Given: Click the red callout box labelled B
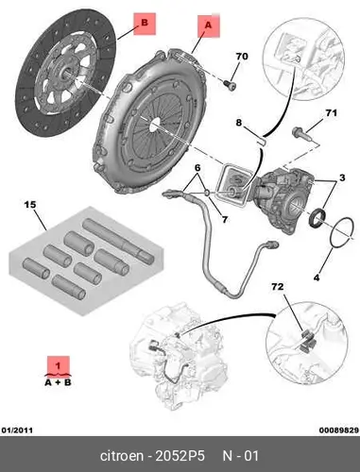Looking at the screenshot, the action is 145,24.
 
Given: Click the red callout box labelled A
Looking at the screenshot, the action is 209,26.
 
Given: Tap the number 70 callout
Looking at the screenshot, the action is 242,57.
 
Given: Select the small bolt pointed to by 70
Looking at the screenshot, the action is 230,85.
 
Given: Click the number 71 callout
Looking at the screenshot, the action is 331,112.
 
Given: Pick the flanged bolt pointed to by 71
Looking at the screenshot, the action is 301,134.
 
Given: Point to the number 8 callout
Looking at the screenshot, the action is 239,122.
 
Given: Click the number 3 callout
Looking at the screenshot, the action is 342,177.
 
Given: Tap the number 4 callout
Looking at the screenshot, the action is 317,278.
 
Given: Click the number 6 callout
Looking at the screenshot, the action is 197,168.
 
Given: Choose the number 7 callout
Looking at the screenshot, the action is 225,219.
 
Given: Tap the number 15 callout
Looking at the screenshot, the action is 30,205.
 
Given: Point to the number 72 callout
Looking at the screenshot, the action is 278,287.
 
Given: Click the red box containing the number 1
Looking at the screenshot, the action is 59,366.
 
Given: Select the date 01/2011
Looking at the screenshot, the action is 17,430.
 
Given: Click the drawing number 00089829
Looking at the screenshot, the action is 339,430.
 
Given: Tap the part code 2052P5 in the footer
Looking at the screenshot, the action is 180,456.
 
